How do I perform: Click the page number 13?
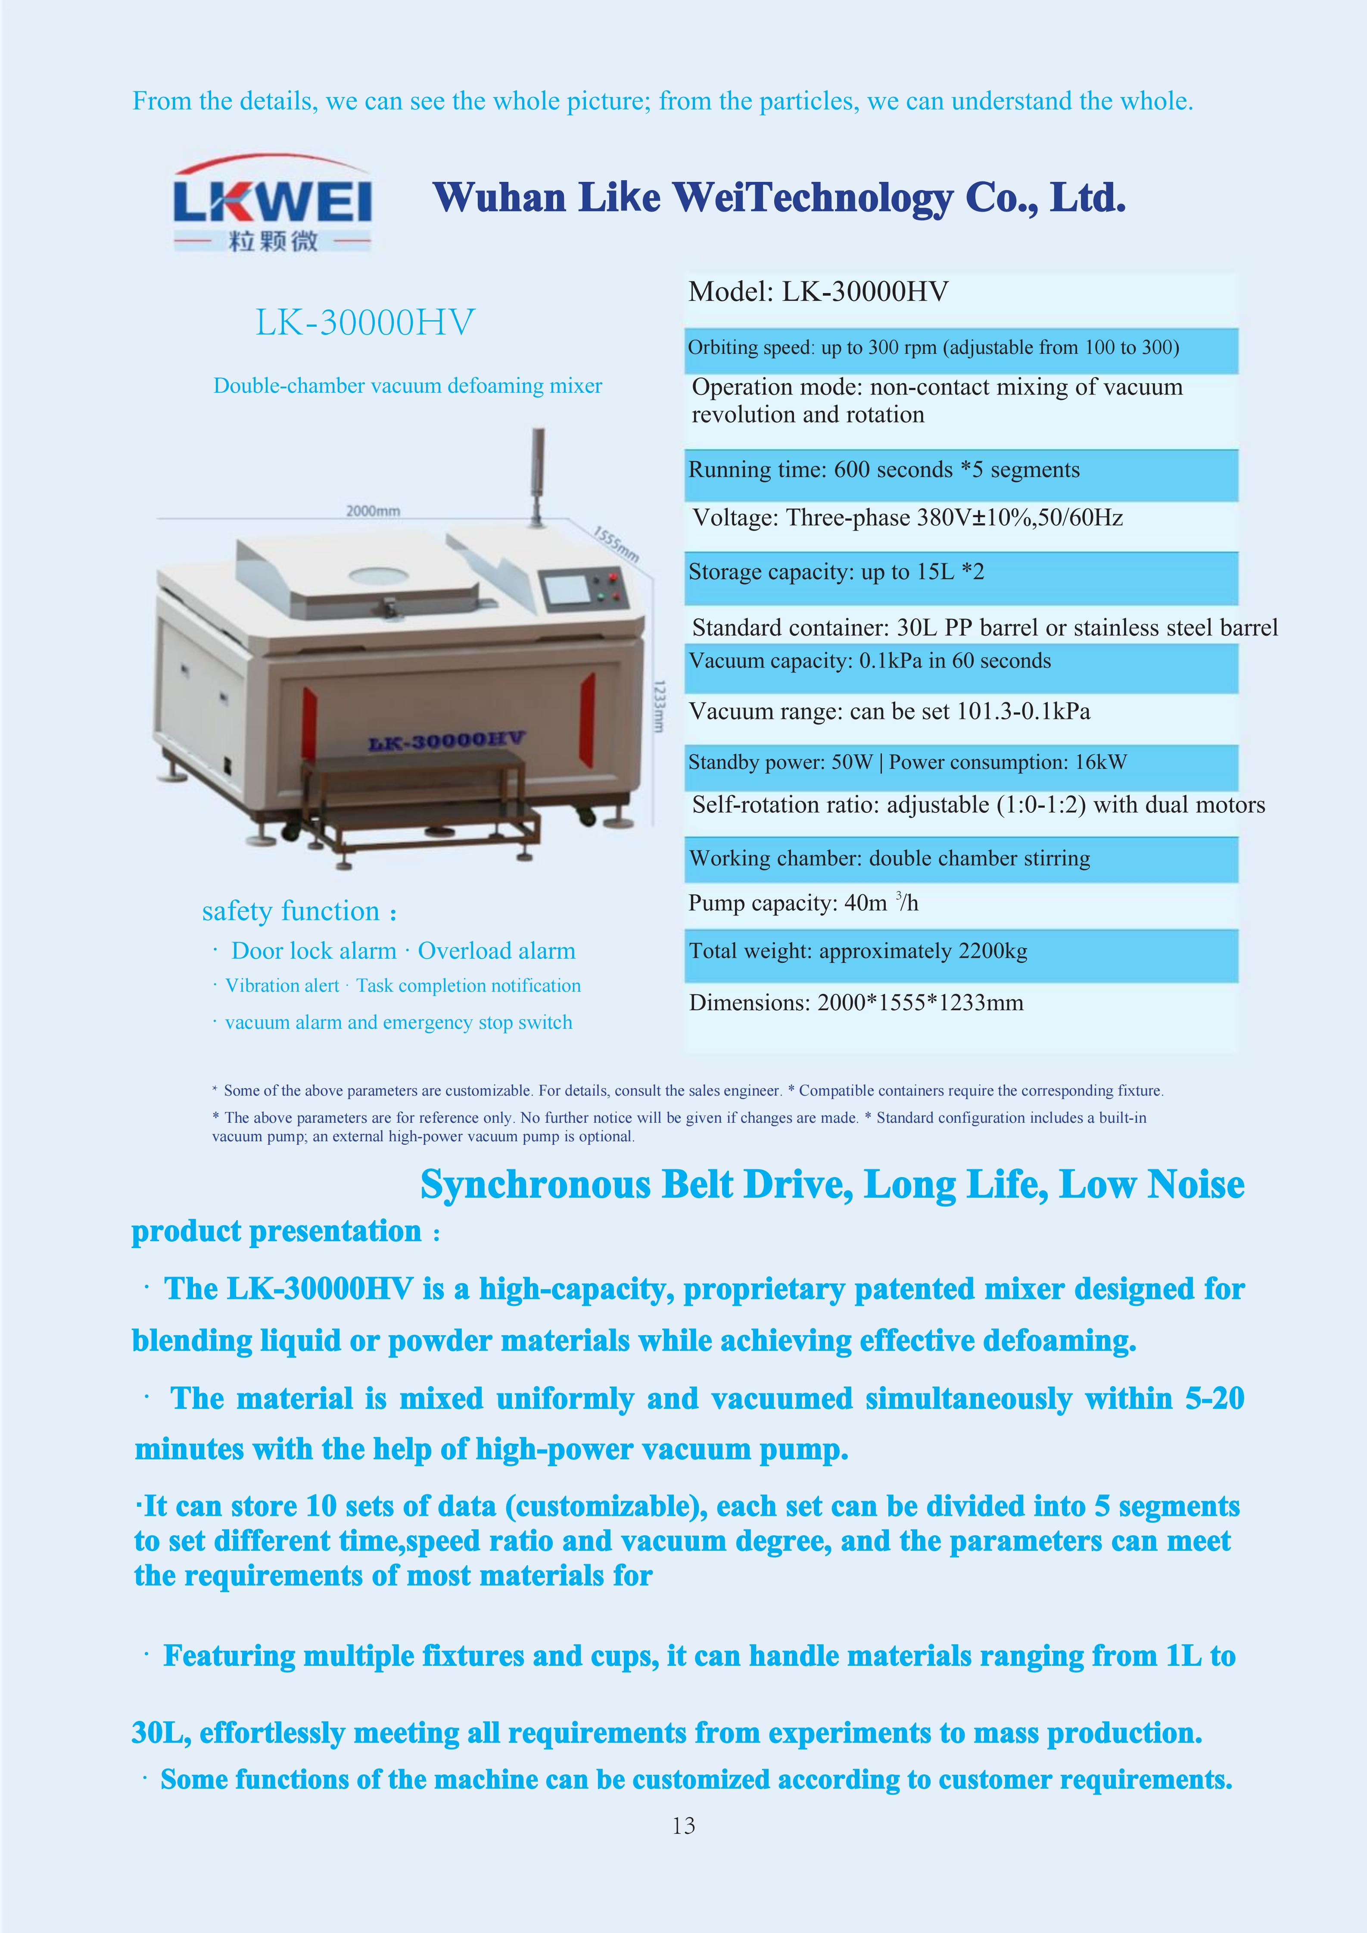683,1825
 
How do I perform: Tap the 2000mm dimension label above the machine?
373,511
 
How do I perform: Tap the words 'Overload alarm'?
497,951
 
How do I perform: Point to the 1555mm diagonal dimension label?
616,545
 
